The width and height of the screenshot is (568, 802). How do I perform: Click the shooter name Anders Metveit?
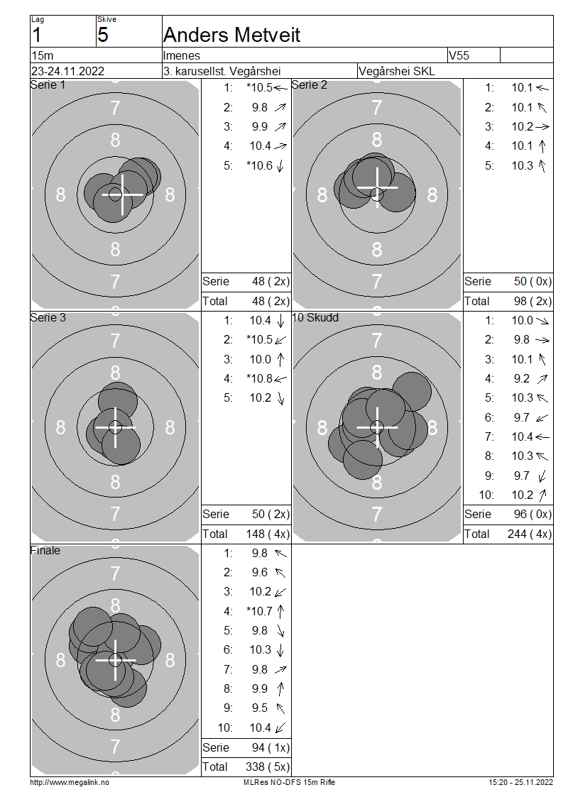tap(231, 35)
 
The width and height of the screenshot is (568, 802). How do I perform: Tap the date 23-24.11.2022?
tap(67, 71)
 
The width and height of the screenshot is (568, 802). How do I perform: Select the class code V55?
tap(459, 55)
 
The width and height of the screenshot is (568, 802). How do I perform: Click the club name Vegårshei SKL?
tap(397, 71)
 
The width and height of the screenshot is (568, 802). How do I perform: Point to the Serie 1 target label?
tap(48, 85)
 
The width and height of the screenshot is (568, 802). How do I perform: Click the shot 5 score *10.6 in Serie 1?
tap(259, 165)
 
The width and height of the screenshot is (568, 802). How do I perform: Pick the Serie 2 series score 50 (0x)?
tap(532, 281)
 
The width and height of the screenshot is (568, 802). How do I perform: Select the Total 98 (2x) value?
tap(532, 301)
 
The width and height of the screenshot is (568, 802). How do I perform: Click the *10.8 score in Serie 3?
tap(259, 378)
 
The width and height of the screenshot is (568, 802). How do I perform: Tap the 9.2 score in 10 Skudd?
tap(522, 378)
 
